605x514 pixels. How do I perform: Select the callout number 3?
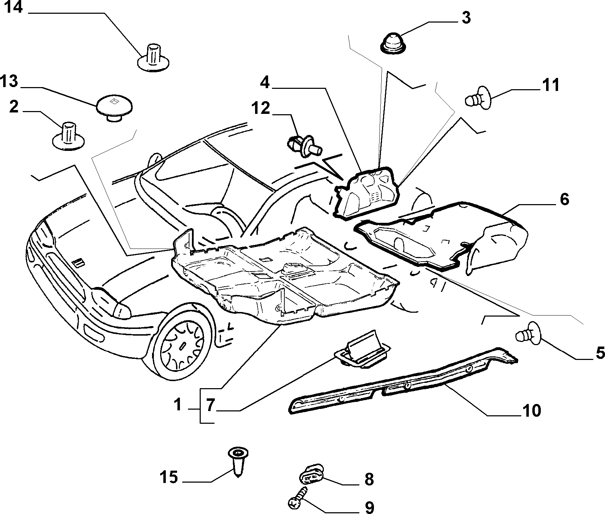click(466, 18)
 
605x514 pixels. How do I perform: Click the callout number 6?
click(564, 200)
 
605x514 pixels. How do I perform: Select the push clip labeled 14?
click(153, 57)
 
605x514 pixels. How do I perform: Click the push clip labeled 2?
click(68, 136)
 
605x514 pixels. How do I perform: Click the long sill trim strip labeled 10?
click(402, 381)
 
